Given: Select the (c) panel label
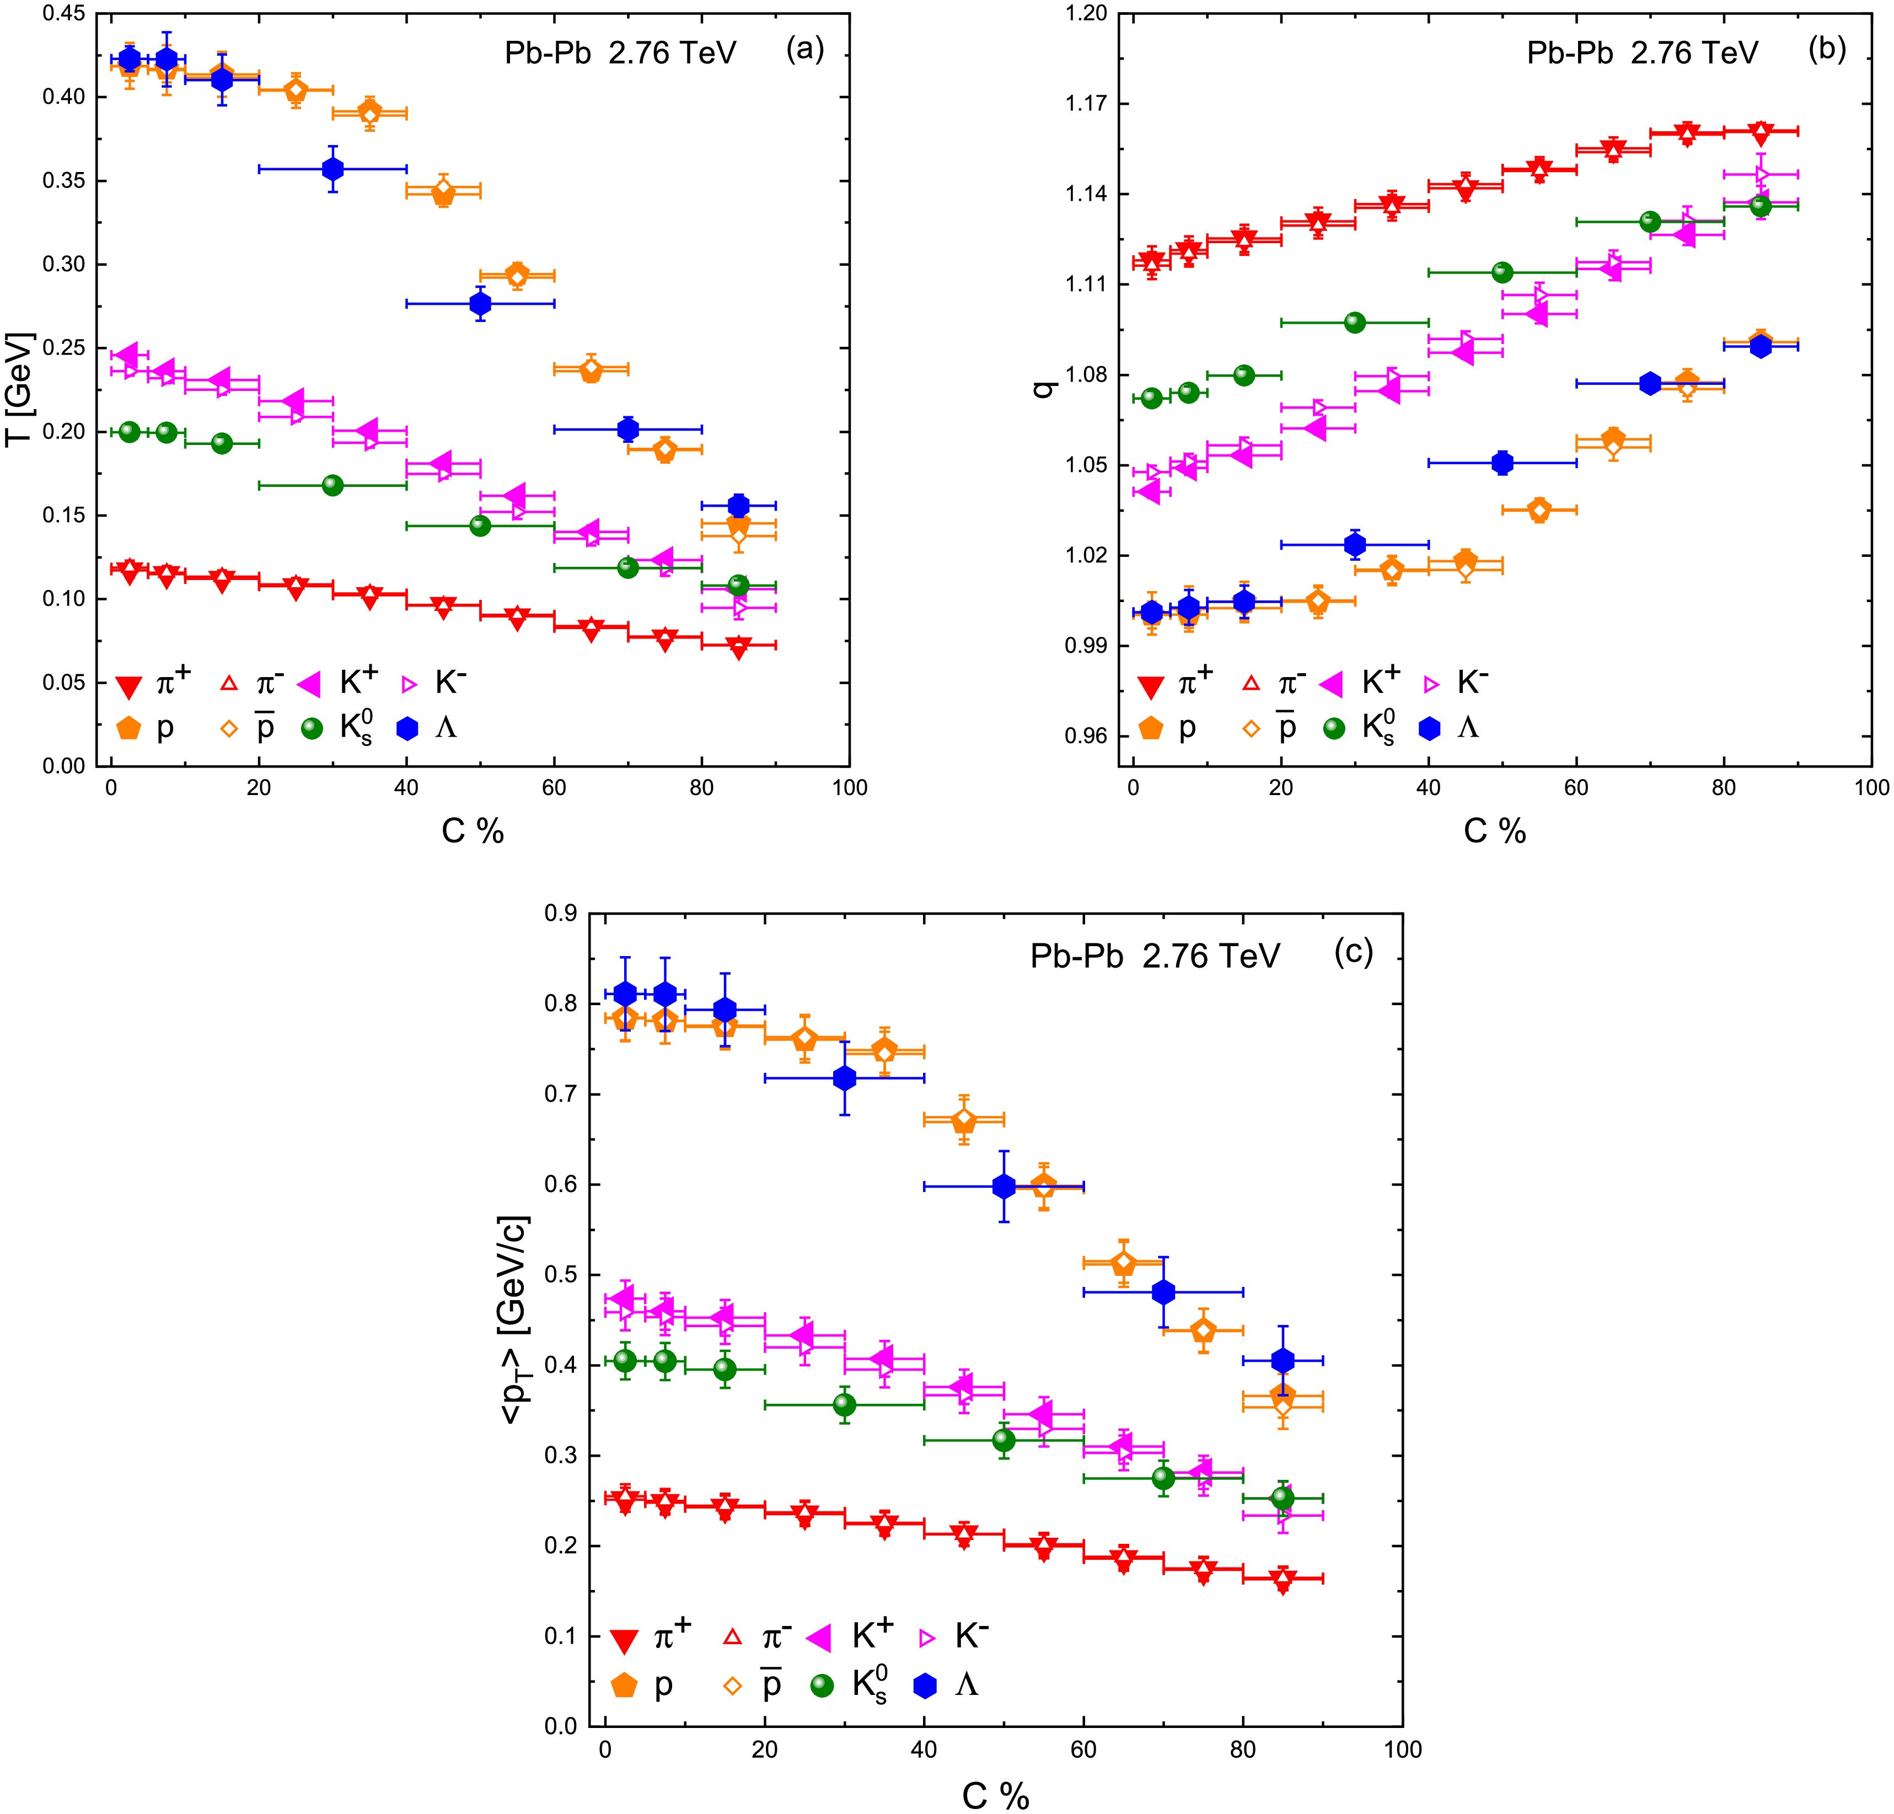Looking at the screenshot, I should pyautogui.click(x=1353, y=952).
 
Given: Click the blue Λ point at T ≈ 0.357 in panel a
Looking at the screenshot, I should pyautogui.click(x=332, y=169).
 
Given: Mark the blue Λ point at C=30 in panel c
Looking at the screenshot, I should pyautogui.click(x=845, y=1077).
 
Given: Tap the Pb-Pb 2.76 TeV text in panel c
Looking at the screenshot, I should pyautogui.click(x=1155, y=956).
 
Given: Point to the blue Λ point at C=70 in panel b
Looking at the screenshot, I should pyautogui.click(x=1650, y=383).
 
